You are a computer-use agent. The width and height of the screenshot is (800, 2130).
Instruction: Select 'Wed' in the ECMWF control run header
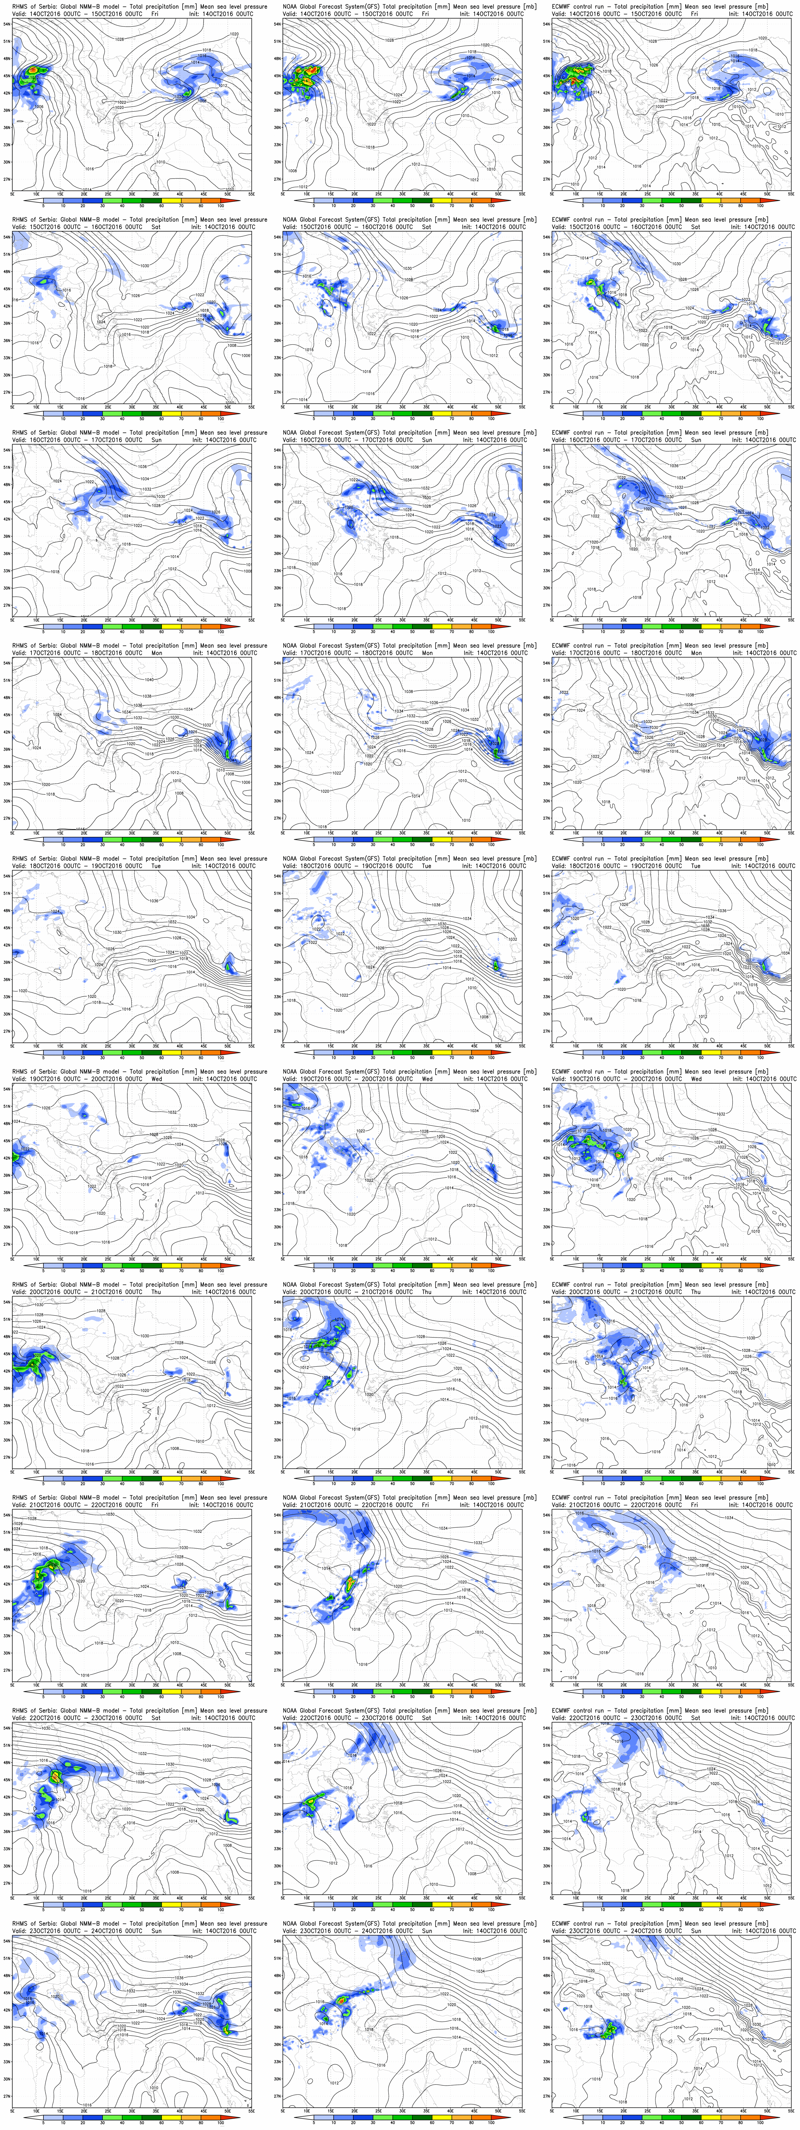pyautogui.click(x=696, y=1079)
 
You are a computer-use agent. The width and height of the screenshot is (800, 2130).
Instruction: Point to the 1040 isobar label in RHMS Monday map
pyautogui.click(x=149, y=680)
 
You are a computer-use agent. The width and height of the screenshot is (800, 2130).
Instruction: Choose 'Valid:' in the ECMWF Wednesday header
pyautogui.click(x=560, y=1079)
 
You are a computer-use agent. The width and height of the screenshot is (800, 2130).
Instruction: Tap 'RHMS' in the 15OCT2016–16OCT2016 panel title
pyautogui.click(x=21, y=220)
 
